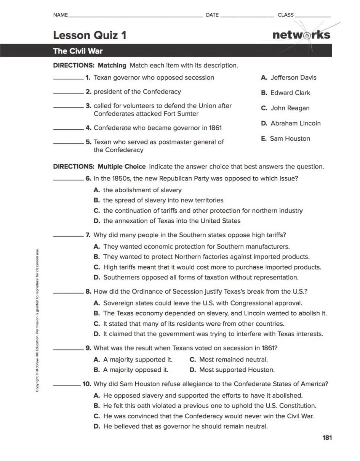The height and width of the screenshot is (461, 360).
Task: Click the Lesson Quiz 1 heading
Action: [90, 35]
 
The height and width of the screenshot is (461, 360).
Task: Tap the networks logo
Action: [301, 35]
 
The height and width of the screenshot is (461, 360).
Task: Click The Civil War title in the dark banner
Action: [78, 51]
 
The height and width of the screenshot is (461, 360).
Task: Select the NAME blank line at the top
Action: [135, 16]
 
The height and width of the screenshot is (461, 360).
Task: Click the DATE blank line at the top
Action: [247, 16]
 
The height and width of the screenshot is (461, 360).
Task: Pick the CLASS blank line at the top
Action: [313, 16]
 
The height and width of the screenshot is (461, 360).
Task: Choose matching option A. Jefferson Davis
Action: [288, 77]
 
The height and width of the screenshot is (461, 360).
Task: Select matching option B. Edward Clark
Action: [285, 93]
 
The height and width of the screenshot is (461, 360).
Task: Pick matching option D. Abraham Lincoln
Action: [291, 123]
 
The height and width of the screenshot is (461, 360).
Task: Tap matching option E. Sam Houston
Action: [285, 138]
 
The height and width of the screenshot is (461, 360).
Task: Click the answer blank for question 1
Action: [68, 79]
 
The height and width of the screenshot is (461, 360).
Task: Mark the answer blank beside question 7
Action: [68, 237]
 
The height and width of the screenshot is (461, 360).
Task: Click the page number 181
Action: [327, 437]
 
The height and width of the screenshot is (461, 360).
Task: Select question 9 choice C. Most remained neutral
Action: [229, 360]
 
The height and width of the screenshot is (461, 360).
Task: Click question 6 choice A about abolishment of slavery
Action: [138, 190]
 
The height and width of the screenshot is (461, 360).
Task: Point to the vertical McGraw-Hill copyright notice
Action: [37, 320]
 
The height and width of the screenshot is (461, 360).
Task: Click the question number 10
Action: [87, 384]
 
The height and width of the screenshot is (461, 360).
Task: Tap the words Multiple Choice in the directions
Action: [122, 166]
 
